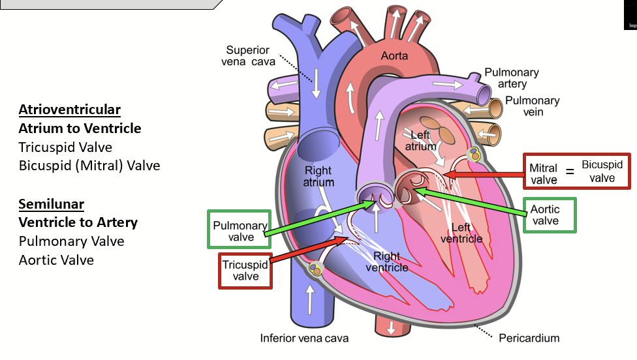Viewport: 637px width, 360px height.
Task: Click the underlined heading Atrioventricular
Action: point(70,110)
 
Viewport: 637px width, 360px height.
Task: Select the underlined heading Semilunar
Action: point(52,204)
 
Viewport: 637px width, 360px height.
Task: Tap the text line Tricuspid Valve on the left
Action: point(65,147)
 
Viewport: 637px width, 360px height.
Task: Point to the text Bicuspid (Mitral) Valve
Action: point(89,166)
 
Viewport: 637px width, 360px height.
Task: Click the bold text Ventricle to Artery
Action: point(78,222)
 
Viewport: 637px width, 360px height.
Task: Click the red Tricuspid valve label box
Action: point(245,270)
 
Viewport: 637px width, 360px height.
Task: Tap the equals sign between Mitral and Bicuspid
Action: point(569,172)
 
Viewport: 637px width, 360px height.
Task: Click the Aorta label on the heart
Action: point(394,56)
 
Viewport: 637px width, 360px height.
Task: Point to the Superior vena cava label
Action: point(252,55)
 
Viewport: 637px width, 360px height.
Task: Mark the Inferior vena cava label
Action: point(304,338)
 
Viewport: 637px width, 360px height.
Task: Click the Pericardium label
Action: point(529,338)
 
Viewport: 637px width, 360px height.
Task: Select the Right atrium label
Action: point(318,177)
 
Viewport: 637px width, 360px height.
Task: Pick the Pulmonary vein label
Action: point(533,106)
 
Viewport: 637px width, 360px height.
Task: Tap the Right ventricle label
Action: point(387,262)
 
